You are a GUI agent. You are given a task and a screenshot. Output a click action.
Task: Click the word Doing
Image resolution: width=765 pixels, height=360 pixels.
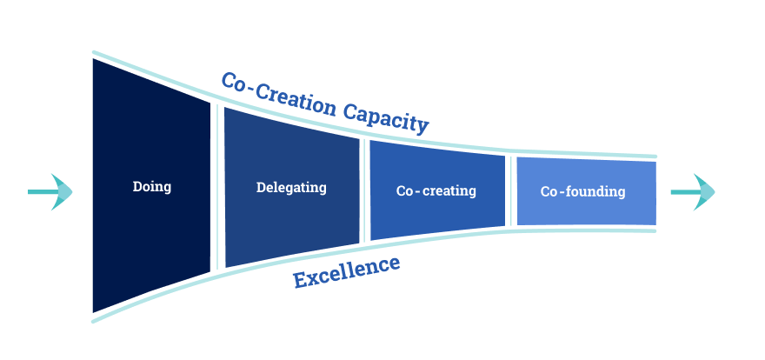click(x=152, y=186)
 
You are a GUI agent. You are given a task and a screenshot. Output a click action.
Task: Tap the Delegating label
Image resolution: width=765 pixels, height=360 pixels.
click(x=291, y=187)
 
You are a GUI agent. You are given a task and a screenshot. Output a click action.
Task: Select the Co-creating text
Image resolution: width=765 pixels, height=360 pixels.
click(x=436, y=190)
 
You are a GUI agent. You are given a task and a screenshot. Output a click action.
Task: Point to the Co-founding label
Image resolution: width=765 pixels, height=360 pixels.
click(x=582, y=191)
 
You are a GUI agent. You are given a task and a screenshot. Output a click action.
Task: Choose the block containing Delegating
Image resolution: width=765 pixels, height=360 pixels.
click(x=291, y=226)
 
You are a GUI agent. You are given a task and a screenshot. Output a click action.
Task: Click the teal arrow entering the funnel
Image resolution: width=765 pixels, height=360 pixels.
click(x=51, y=191)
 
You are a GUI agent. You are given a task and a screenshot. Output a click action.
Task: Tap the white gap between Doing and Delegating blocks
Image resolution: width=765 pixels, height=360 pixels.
click(x=217, y=187)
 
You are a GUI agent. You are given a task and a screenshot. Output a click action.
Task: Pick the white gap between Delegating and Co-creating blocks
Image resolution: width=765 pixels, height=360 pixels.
click(x=364, y=190)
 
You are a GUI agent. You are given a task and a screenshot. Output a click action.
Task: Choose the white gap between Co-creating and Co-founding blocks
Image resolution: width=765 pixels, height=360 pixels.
click(x=510, y=191)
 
